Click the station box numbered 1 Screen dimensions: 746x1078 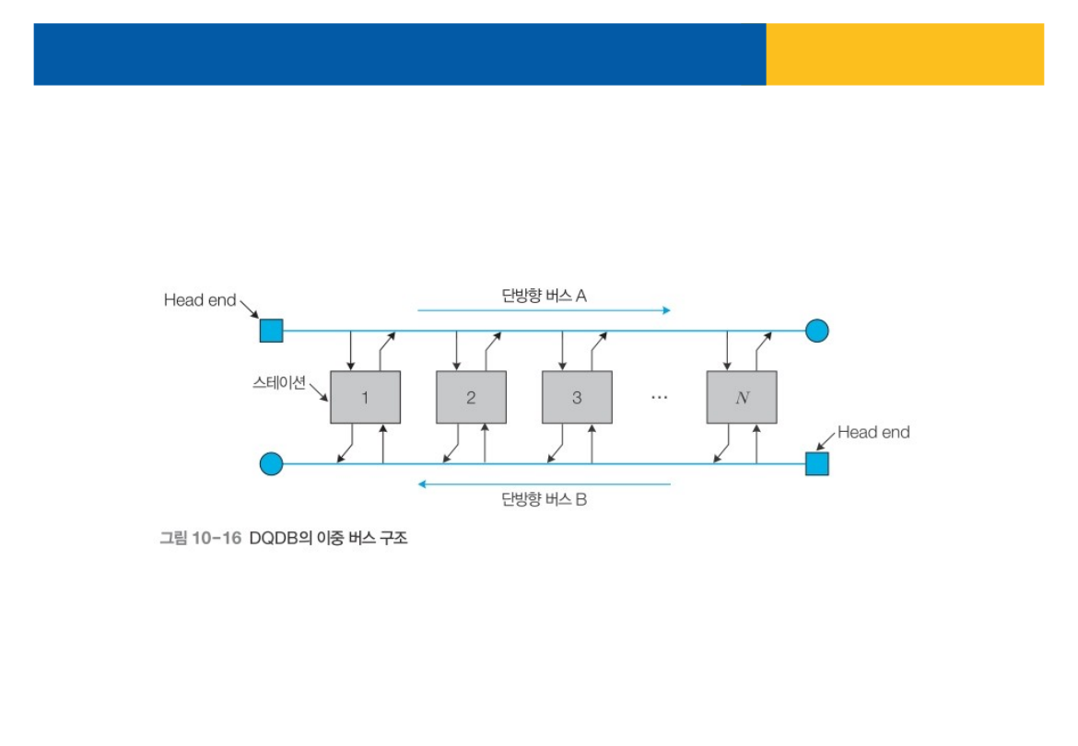pyautogui.click(x=365, y=397)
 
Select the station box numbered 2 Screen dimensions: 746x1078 pyautogui.click(x=471, y=397)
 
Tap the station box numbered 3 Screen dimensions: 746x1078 pyautogui.click(x=577, y=397)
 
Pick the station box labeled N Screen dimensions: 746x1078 pyautogui.click(x=742, y=397)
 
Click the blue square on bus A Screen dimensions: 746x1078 pyautogui.click(x=271, y=331)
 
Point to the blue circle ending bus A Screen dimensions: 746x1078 pyautogui.click(x=816, y=331)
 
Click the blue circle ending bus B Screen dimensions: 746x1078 pyautogui.click(x=271, y=463)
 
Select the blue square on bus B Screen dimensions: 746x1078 pyautogui.click(x=816, y=463)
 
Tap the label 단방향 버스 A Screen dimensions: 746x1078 pyautogui.click(x=544, y=296)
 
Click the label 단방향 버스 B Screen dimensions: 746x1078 pyautogui.click(x=544, y=500)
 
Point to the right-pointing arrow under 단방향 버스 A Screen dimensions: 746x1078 pyautogui.click(x=544, y=310)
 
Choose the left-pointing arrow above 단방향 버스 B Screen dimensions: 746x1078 pyautogui.click(x=544, y=484)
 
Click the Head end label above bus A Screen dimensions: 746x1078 pyautogui.click(x=200, y=299)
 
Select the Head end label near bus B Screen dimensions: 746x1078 pyautogui.click(x=873, y=432)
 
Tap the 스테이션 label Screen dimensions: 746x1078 pyautogui.click(x=278, y=382)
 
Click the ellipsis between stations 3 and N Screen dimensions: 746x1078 pyautogui.click(x=659, y=397)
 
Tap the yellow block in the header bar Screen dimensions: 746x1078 pyautogui.click(x=905, y=54)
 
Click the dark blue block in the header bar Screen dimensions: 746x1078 pyautogui.click(x=399, y=54)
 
